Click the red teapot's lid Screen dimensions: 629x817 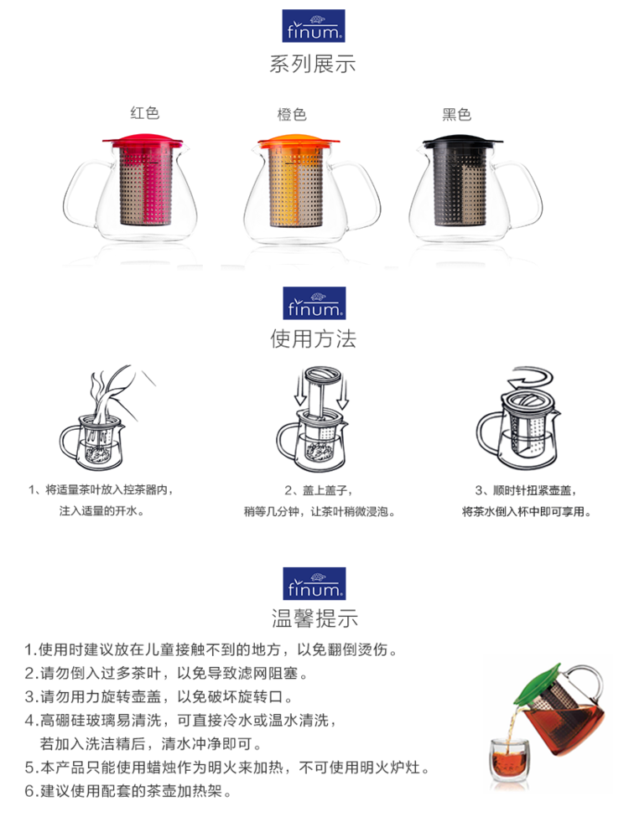point(143,141)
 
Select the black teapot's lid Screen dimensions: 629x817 point(462,141)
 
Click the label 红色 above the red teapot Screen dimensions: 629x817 point(144,112)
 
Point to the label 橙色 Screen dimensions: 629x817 point(292,114)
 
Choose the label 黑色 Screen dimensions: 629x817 point(456,114)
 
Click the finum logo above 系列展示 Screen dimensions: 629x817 point(314,25)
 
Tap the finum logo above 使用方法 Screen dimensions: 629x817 point(314,302)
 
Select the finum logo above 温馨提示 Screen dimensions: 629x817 point(314,583)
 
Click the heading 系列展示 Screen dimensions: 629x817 point(313,64)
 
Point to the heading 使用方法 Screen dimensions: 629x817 point(314,339)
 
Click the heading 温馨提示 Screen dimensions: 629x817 point(314,618)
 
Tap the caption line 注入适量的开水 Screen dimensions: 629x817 point(101,511)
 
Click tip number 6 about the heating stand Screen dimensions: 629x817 point(127,791)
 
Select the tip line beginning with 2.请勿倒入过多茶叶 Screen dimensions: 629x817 point(166,673)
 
